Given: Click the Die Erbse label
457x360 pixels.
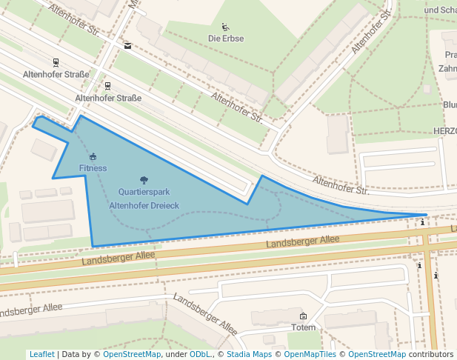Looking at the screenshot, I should click(226, 39).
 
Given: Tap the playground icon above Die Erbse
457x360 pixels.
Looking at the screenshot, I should click(225, 27).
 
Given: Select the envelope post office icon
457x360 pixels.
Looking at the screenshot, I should click(128, 46).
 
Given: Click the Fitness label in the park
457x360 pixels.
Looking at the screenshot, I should click(93, 168).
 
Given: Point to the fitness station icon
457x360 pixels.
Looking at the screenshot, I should click(93, 156).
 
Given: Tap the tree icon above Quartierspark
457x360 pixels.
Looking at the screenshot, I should click(144, 180).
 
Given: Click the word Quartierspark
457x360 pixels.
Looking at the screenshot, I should click(144, 192).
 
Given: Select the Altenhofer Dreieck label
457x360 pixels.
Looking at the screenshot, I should click(144, 204).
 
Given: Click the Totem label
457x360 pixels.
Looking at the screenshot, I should click(303, 327).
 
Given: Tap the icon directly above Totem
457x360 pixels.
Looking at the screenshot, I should click(303, 316).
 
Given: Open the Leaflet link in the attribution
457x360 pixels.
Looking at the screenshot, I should click(41, 354).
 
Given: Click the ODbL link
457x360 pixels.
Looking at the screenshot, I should click(199, 354).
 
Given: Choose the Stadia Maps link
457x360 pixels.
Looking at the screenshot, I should click(249, 354).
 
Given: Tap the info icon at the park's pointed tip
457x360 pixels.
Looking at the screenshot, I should click(422, 221).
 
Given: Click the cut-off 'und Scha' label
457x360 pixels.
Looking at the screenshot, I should click(440, 10).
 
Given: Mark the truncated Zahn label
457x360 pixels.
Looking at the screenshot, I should click(447, 68).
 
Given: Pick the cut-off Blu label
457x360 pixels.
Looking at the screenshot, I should click(450, 105).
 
